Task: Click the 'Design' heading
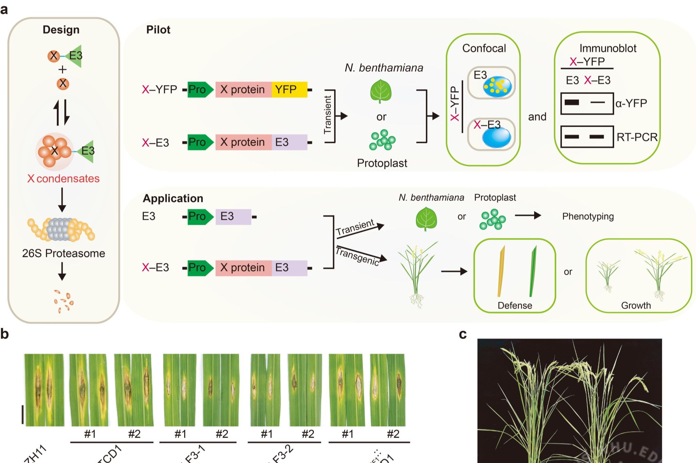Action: pos(61,30)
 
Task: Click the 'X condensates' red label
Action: pos(64,178)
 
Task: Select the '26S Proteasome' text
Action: pos(64,253)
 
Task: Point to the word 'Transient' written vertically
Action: pos(327,115)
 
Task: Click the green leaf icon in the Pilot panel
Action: pos(381,91)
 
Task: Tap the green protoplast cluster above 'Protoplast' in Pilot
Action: pos(382,140)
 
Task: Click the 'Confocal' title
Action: pos(484,48)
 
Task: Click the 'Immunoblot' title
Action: pos(608,48)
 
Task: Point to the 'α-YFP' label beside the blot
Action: pos(631,103)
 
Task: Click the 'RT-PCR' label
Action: pos(637,137)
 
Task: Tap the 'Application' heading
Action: pos(173,198)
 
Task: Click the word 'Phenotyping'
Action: pos(588,216)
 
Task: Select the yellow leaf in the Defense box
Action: pos(501,271)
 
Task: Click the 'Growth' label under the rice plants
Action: pos(636,306)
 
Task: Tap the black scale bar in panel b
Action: pos(23,415)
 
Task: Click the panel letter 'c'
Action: pos(463,334)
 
